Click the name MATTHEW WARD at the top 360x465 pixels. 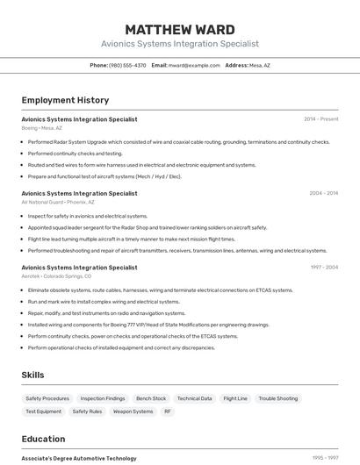(180, 30)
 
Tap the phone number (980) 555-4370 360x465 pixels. (127, 65)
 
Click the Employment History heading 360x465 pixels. (65, 100)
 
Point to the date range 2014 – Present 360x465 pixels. (320, 118)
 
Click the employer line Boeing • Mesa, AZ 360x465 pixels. (42, 128)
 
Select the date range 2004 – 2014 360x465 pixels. (323, 193)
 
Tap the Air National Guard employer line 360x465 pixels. (57, 202)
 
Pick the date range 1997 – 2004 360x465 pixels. (323, 267)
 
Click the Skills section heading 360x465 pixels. (32, 375)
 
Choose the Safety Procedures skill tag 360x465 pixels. (47, 398)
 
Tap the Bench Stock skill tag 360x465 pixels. (151, 398)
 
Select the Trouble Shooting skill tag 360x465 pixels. (278, 398)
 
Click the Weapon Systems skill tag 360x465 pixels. (133, 411)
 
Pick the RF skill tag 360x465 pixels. (168, 411)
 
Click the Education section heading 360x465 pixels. (43, 439)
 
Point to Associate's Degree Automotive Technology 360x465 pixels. (79, 458)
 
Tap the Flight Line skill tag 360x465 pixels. (235, 398)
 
